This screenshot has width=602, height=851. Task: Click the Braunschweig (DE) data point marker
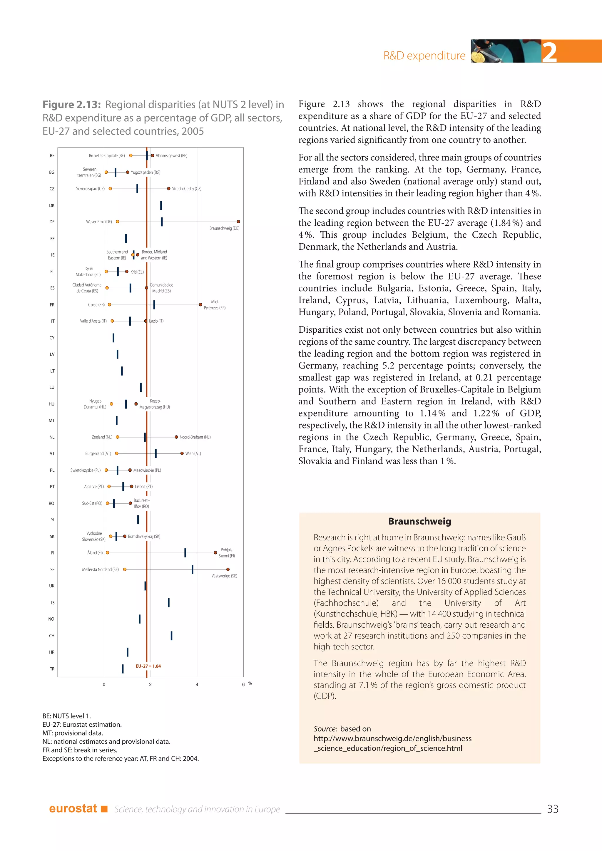click(x=238, y=222)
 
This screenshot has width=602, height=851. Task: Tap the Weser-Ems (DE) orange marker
click(x=118, y=222)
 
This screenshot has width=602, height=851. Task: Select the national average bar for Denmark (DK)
click(x=161, y=205)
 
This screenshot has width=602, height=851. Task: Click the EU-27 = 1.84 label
click(x=148, y=666)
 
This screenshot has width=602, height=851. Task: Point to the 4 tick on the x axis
click(x=197, y=685)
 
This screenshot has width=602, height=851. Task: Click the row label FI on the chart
click(x=52, y=553)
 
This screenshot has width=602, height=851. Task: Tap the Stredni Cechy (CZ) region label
click(x=186, y=189)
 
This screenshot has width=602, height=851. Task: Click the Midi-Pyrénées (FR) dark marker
click(x=200, y=305)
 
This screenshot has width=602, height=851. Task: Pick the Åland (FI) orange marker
click(x=108, y=553)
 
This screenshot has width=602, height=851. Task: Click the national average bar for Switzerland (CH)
click(x=171, y=636)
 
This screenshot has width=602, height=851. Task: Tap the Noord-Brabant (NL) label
click(x=195, y=437)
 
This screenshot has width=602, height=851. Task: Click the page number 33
click(x=552, y=809)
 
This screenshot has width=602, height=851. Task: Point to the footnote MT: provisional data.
click(x=73, y=733)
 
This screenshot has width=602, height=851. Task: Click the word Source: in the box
click(x=325, y=729)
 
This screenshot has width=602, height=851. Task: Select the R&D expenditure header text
click(x=424, y=56)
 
